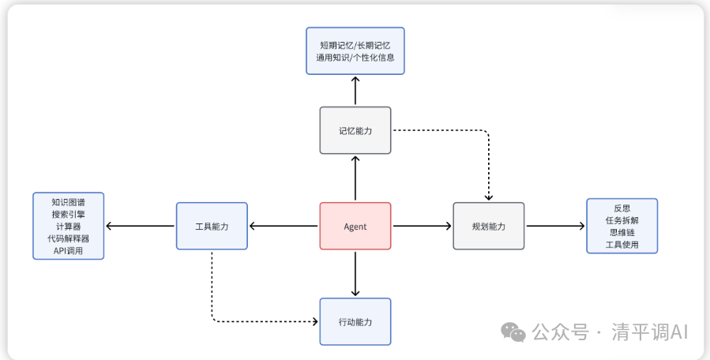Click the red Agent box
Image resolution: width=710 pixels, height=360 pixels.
[x=355, y=227]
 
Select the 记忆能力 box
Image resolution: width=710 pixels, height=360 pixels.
[x=355, y=130]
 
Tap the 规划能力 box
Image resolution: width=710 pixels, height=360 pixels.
[x=488, y=227]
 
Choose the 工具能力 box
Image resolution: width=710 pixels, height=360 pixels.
[x=212, y=227]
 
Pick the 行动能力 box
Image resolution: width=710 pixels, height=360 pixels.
[x=355, y=322]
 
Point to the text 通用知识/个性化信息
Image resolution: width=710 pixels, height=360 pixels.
[x=355, y=58]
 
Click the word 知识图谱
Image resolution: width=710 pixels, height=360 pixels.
[x=68, y=202]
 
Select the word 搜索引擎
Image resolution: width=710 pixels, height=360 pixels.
[x=68, y=214]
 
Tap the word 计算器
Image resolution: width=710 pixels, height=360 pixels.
[x=68, y=226]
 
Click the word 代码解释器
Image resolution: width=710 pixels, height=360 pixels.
[x=68, y=238]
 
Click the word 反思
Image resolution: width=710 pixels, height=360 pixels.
[x=622, y=208]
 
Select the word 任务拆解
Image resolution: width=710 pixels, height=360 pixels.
[x=622, y=220]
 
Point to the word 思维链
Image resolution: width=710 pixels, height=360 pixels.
[x=622, y=232]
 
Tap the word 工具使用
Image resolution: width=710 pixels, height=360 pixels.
[x=622, y=245]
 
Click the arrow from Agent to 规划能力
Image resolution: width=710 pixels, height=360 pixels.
[x=422, y=227]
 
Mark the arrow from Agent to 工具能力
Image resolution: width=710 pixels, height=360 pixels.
[x=284, y=227]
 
